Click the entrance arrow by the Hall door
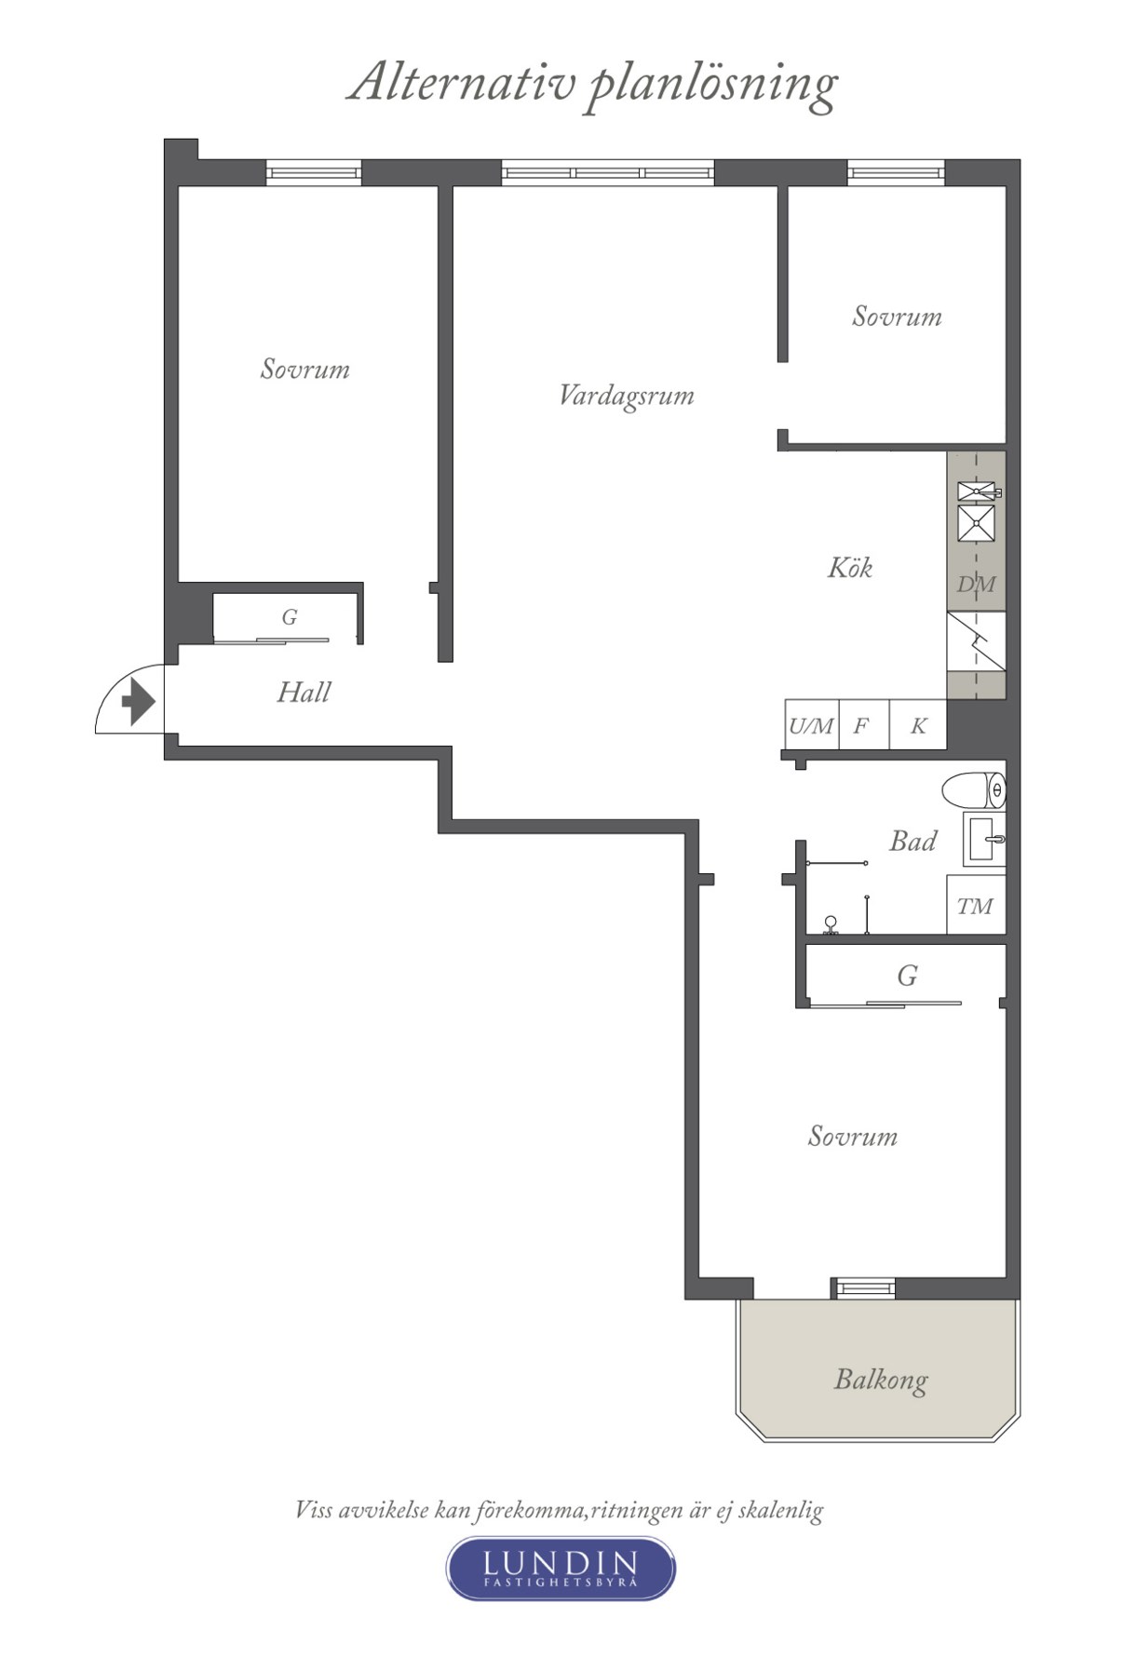(138, 701)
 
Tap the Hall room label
(304, 693)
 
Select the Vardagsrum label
(626, 396)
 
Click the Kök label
(849, 567)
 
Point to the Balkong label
(881, 1379)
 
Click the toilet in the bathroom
(974, 791)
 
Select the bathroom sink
(984, 840)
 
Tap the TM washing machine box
(976, 905)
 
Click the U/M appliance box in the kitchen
(811, 725)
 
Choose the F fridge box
(863, 725)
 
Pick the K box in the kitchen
(918, 725)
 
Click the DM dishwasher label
(976, 585)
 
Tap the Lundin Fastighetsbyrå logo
(561, 1568)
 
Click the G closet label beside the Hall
(290, 617)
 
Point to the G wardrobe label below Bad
(907, 976)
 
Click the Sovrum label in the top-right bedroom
(897, 317)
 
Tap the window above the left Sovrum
(314, 172)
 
